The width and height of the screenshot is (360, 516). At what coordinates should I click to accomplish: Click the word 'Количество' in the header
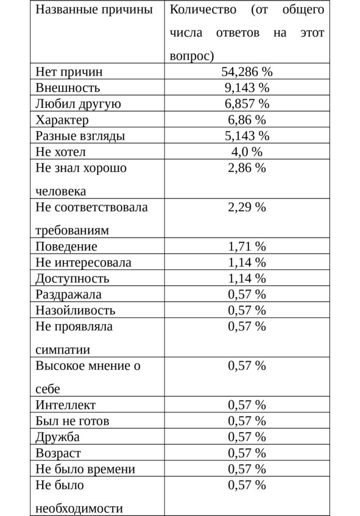(x=202, y=10)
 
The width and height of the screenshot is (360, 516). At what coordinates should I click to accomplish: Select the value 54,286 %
(x=247, y=72)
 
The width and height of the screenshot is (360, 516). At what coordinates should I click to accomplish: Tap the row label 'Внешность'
(x=68, y=88)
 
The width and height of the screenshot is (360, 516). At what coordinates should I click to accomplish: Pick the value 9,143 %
(x=247, y=88)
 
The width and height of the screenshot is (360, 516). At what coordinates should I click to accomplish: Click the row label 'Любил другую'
(x=78, y=104)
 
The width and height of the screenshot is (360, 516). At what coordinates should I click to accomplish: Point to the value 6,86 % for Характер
(x=247, y=119)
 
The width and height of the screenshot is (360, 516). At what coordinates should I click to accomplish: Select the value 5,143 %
(x=247, y=135)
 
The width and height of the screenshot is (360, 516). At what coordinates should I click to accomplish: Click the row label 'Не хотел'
(x=61, y=151)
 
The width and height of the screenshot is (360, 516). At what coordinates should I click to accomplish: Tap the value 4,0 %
(x=247, y=151)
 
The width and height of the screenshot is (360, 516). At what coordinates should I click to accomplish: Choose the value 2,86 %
(x=247, y=168)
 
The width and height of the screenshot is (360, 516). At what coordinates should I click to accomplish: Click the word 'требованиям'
(x=72, y=231)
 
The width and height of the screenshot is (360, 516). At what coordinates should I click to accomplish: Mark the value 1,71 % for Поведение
(x=247, y=247)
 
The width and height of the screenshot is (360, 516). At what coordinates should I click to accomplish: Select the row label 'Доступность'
(x=72, y=278)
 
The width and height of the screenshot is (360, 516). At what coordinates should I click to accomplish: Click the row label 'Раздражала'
(x=68, y=294)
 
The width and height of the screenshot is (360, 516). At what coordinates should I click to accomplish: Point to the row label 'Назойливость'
(x=75, y=310)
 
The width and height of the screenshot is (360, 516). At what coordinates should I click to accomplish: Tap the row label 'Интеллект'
(x=66, y=405)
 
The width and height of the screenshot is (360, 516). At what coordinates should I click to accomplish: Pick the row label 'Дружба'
(x=58, y=437)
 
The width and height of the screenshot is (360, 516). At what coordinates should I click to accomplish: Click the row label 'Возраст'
(x=58, y=453)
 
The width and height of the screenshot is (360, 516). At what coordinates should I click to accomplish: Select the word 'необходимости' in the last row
(x=79, y=508)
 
